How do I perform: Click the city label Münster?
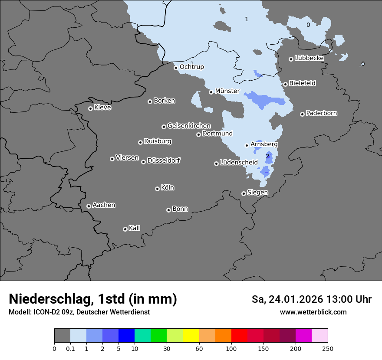[227, 91]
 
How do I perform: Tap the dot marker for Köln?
[157, 189]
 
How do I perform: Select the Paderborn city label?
[321, 113]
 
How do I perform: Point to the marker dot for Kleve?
[90, 108]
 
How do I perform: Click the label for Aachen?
[104, 205]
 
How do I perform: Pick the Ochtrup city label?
[191, 67]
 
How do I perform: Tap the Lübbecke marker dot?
[291, 59]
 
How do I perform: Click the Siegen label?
[257, 193]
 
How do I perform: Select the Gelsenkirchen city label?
[189, 126]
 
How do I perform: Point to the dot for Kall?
[125, 229]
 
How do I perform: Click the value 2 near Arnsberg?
[267, 156]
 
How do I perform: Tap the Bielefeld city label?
[302, 83]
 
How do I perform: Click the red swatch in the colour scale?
[239, 336]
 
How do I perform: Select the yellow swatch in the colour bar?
[191, 336]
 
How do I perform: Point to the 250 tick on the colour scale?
[328, 348]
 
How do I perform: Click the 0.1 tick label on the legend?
[70, 348]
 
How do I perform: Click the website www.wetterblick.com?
[313, 312]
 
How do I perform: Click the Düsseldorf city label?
[164, 160]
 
